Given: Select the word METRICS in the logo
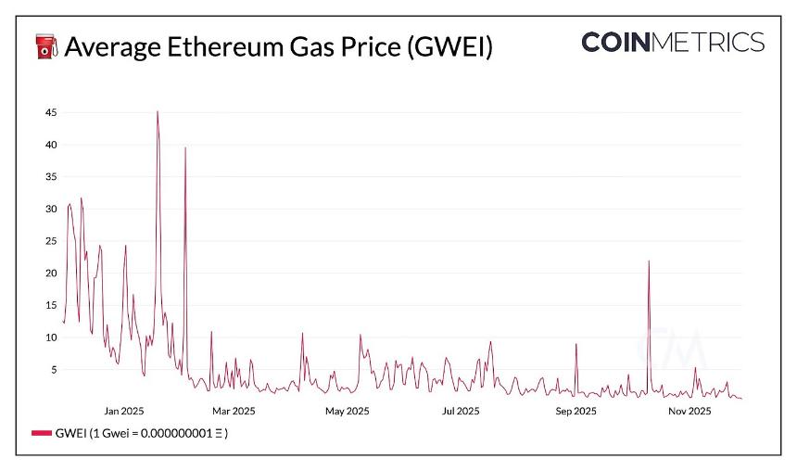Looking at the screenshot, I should click(715, 43).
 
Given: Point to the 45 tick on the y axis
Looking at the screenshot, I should click(50, 112).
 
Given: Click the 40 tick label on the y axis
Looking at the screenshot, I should click(50, 145).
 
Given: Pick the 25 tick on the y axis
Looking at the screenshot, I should click(50, 241).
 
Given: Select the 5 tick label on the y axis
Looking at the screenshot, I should click(53, 370).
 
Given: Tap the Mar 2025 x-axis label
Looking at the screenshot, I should click(234, 410).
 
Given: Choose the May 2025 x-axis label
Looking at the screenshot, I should click(347, 410).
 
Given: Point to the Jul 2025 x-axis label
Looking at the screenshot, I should click(461, 410).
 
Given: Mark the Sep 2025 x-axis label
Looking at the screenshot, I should click(575, 410).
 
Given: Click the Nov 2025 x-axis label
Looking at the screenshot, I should click(689, 410).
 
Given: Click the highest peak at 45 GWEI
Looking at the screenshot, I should click(158, 112).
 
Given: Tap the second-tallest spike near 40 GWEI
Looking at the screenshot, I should click(185, 148).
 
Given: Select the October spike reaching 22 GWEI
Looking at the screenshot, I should click(649, 261).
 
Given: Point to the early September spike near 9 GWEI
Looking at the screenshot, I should click(576, 345).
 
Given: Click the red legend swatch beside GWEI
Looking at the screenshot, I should click(42, 433).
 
